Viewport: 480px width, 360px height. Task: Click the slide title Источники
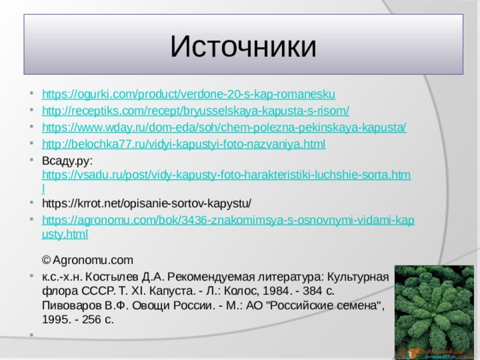tap(242, 46)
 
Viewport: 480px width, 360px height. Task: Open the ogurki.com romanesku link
tap(188, 94)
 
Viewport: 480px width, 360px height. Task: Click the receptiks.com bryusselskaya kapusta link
tap(195, 110)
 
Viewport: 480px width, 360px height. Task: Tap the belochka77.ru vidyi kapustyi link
tap(184, 143)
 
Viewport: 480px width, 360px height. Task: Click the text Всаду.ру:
tap(67, 160)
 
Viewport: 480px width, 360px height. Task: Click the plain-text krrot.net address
tap(146, 203)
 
